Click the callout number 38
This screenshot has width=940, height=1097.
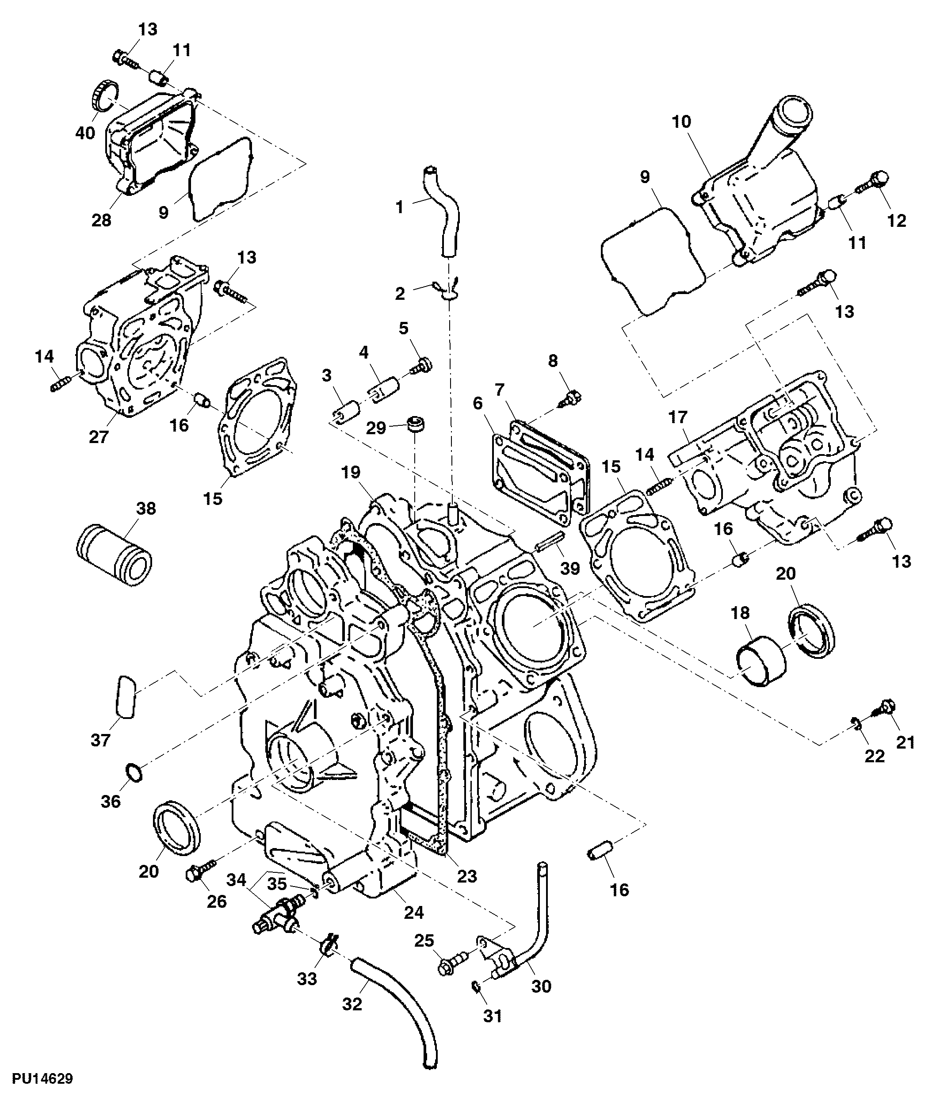click(146, 508)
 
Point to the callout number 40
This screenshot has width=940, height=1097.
click(85, 132)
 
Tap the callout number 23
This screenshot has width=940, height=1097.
click(467, 876)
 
